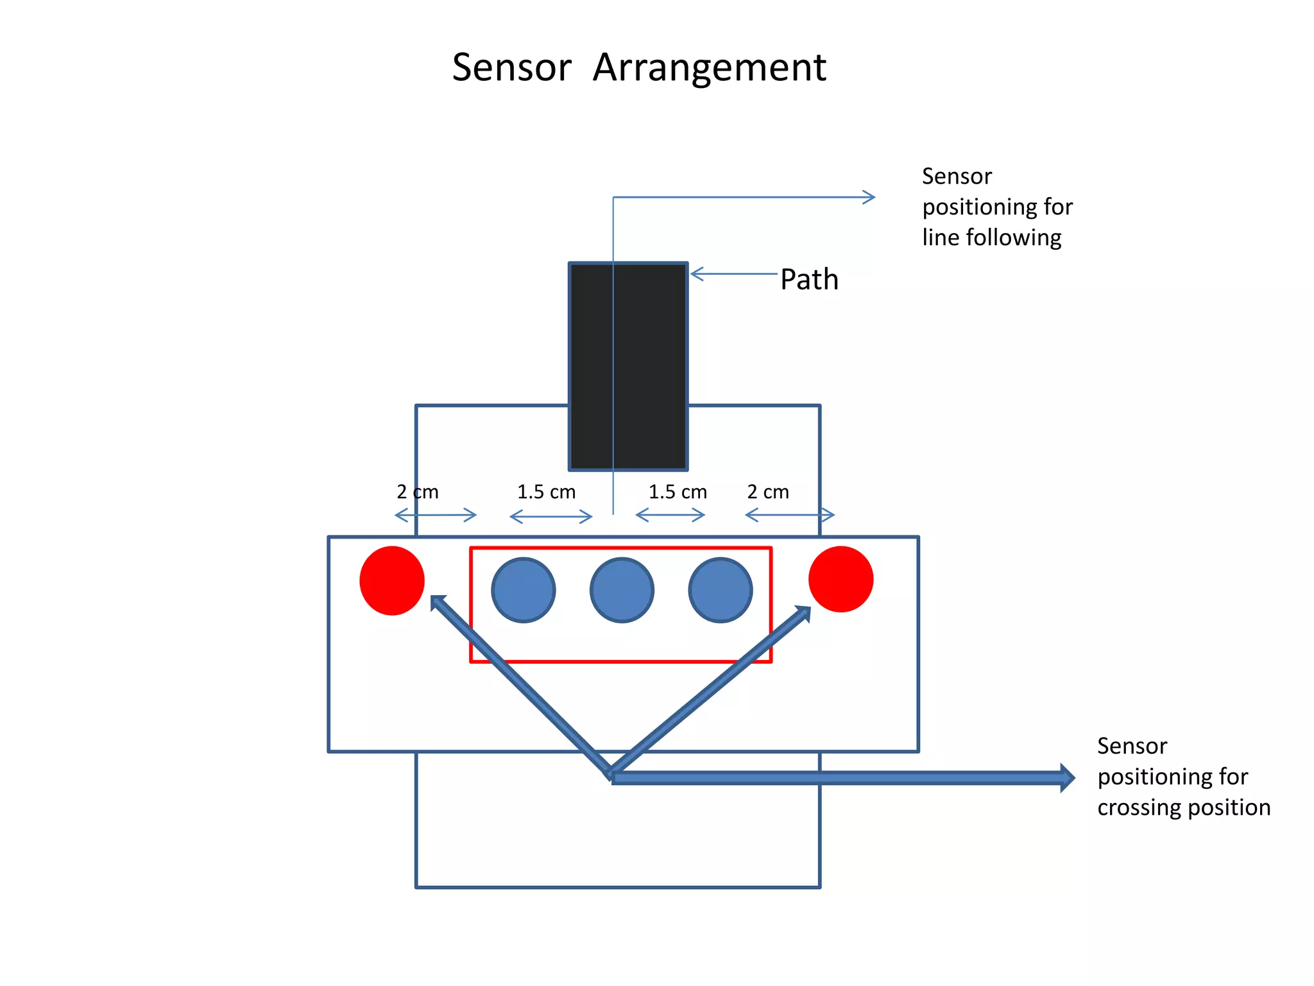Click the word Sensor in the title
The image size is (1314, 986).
click(511, 67)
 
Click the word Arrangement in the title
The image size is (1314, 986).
click(709, 67)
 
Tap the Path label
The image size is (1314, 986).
click(809, 279)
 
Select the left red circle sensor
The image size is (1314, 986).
click(392, 580)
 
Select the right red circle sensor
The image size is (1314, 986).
click(840, 579)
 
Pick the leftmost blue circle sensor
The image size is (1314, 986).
click(524, 590)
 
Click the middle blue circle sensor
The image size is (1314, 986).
click(622, 590)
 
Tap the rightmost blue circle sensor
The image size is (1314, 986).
click(721, 590)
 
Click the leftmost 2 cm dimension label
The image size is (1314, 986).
click(417, 492)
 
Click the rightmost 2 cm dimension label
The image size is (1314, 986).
click(768, 492)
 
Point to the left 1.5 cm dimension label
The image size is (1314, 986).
click(546, 492)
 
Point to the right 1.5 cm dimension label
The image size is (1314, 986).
click(678, 492)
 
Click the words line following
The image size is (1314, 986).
click(991, 238)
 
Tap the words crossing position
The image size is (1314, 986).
click(1184, 807)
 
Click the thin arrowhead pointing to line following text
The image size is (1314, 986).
click(870, 197)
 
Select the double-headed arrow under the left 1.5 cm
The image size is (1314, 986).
click(550, 516)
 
